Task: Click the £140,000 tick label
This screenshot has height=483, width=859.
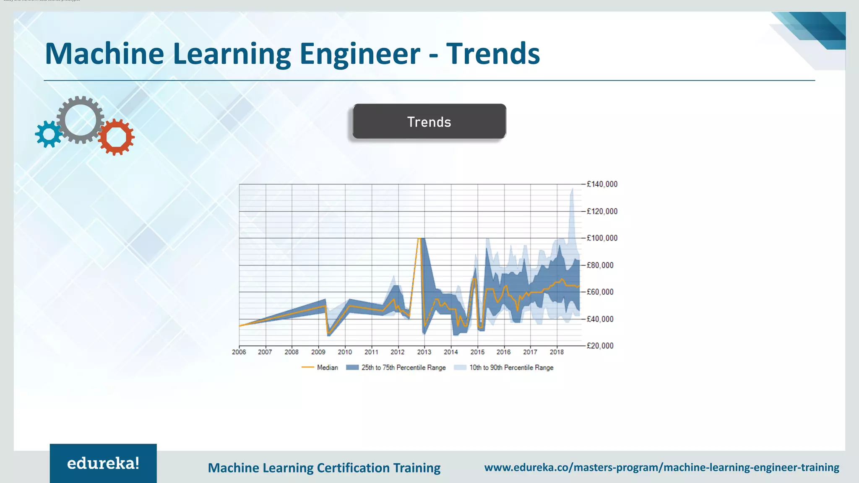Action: click(602, 184)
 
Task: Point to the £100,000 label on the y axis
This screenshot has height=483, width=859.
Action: click(602, 238)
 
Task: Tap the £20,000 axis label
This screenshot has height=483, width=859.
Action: click(600, 346)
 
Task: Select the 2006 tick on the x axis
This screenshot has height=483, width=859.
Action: click(239, 352)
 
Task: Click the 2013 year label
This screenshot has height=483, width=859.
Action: click(424, 352)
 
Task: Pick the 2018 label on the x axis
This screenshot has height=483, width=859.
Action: click(557, 352)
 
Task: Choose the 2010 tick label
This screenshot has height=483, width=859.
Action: click(345, 352)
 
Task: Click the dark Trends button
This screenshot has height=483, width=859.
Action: click(429, 122)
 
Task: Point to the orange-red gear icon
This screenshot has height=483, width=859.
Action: click(116, 137)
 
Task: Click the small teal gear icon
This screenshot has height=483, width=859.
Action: click(49, 134)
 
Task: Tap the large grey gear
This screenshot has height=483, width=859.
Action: click(80, 120)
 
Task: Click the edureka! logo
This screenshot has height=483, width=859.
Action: click(103, 463)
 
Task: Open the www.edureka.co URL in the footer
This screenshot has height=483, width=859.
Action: click(661, 467)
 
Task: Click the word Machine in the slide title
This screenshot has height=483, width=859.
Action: click(104, 54)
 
